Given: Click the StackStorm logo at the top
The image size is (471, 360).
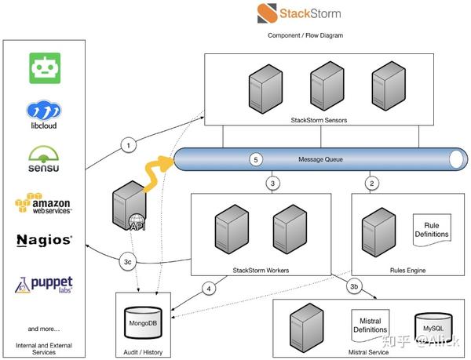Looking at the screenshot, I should click(299, 13).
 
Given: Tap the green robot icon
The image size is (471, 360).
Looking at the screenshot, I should click(44, 68).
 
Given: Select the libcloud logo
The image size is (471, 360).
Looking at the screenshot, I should click(44, 114).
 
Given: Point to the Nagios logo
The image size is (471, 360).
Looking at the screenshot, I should click(44, 239).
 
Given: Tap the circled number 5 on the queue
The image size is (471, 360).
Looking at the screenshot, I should click(254, 160).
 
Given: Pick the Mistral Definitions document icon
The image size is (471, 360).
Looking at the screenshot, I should click(369, 323).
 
